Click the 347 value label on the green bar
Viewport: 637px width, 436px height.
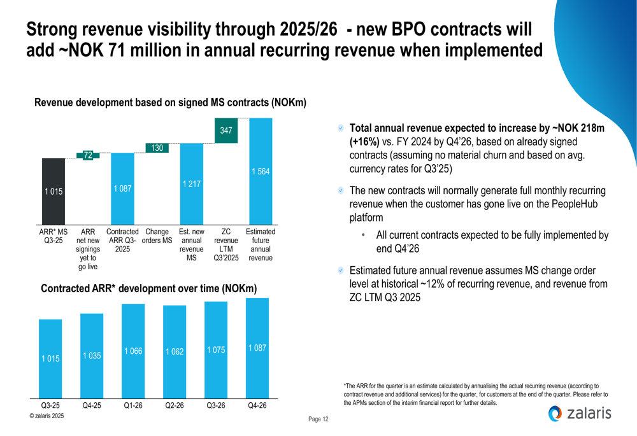tap(226, 130)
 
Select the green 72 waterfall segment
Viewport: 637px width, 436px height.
tap(88, 155)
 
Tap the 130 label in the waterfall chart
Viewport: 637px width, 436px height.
tap(157, 148)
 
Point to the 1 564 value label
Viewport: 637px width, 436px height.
tap(260, 172)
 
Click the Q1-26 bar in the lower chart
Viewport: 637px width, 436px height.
tap(132, 350)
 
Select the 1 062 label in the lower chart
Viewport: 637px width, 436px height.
tap(174, 352)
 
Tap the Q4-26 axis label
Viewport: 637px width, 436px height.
tap(257, 405)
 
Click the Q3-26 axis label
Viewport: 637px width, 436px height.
tap(215, 405)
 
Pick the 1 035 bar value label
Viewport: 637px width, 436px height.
tap(92, 356)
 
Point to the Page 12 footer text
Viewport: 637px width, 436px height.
tap(318, 419)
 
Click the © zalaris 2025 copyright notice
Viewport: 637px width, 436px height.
tap(47, 415)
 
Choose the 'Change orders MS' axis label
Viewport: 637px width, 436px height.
tap(158, 236)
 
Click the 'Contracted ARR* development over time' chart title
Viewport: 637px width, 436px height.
tap(148, 288)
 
